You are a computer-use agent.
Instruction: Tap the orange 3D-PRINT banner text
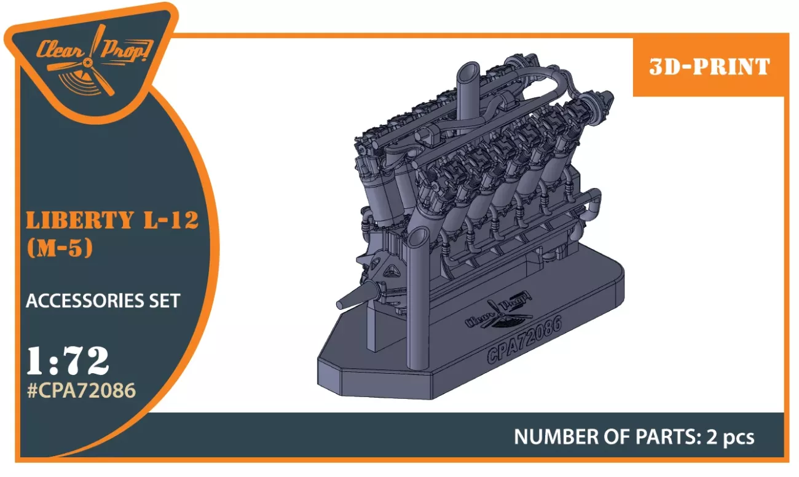pyautogui.click(x=709, y=67)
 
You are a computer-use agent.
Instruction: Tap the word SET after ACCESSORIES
pyautogui.click(x=161, y=301)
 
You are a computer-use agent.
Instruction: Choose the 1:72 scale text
pyautogui.click(x=68, y=361)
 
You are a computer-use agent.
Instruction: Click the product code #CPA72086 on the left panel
pyautogui.click(x=81, y=390)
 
